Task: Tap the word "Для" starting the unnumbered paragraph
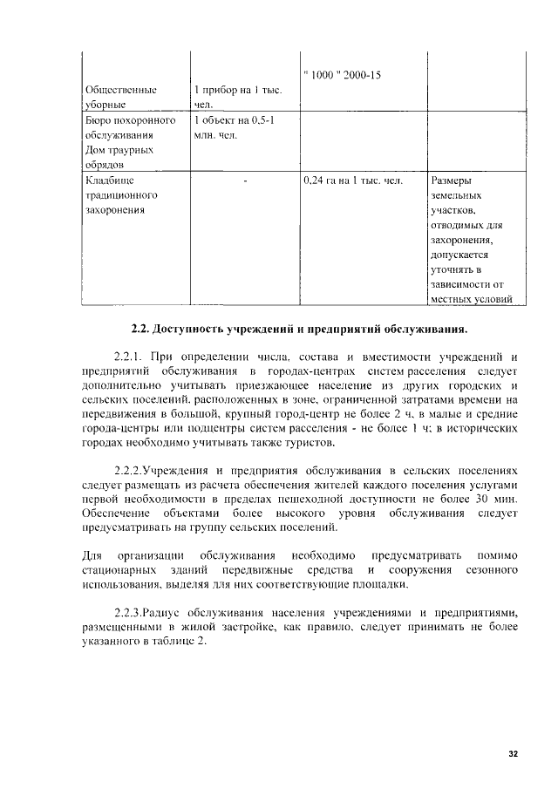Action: pyautogui.click(x=92, y=554)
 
